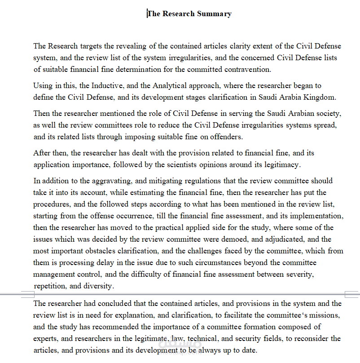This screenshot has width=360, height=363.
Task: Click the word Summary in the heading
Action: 214,13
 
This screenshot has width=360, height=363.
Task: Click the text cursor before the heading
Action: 147,13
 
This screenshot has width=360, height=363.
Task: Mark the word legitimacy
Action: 280,165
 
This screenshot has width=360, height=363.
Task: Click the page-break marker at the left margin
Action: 28,295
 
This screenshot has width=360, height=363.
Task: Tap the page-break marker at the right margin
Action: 352,295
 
